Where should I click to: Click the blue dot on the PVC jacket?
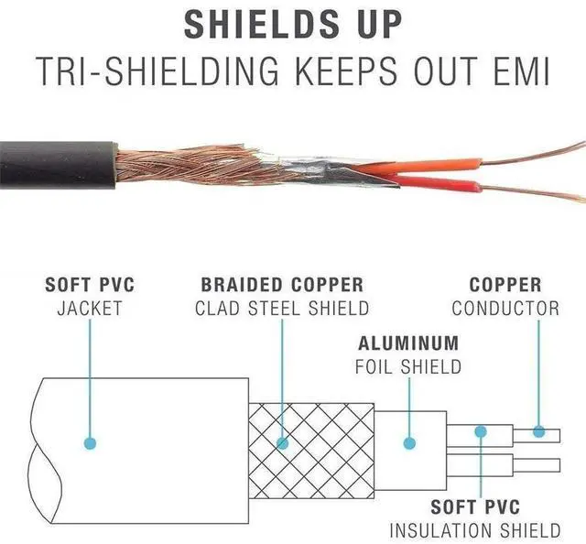pyautogui.click(x=90, y=443)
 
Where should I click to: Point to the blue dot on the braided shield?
pyautogui.click(x=283, y=443)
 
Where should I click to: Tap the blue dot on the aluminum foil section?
pyautogui.click(x=409, y=443)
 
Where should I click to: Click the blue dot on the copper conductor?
pyautogui.click(x=538, y=432)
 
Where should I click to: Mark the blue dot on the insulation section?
pyautogui.click(x=481, y=431)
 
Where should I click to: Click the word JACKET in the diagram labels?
pyautogui.click(x=90, y=309)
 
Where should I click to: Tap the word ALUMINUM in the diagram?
pyautogui.click(x=408, y=343)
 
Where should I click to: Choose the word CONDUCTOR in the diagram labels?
pyautogui.click(x=505, y=309)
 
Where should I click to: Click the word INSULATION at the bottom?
pyautogui.click(x=441, y=530)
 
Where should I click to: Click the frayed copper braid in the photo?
pyautogui.click(x=187, y=165)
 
